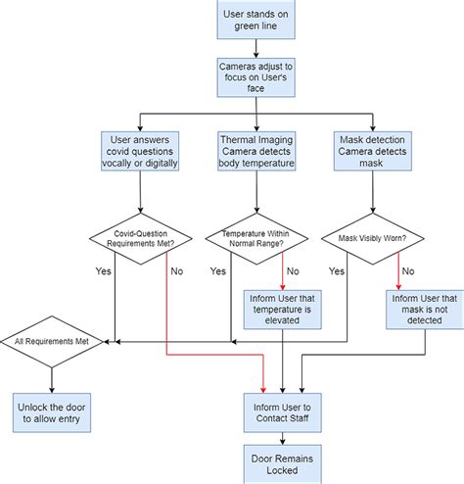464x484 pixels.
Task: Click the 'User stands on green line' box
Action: (x=255, y=19)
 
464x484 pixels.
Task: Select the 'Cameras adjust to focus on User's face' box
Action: (x=255, y=77)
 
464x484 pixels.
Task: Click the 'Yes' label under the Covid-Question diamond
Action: (x=103, y=269)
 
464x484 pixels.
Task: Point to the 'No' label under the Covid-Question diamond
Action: (x=177, y=269)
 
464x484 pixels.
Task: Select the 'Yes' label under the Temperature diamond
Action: (x=218, y=269)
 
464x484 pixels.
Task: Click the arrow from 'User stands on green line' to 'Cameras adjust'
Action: (x=255, y=45)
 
